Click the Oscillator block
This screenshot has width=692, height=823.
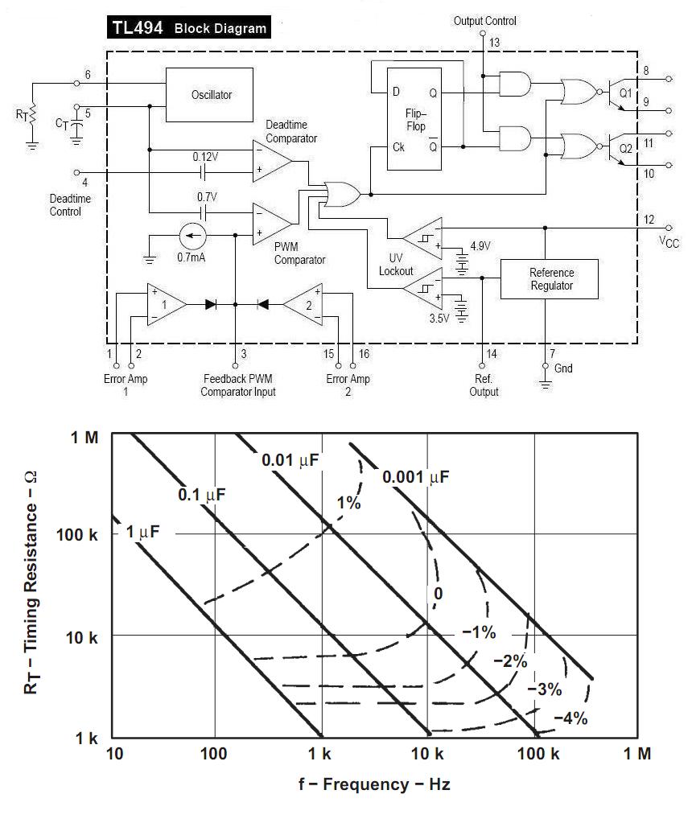[x=209, y=95]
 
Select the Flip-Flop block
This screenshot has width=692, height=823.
[x=414, y=119]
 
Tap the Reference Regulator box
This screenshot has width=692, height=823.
[x=550, y=279]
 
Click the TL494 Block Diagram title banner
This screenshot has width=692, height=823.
[x=189, y=27]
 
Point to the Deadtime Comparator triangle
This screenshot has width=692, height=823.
[x=271, y=161]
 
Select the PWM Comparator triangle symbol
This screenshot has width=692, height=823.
[x=271, y=224]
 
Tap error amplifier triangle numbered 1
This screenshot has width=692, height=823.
[x=166, y=304]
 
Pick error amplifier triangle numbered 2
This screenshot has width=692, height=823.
[x=303, y=304]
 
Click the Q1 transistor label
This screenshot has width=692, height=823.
[x=626, y=93]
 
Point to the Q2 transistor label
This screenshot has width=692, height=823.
[x=626, y=149]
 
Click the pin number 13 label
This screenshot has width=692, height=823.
[x=495, y=43]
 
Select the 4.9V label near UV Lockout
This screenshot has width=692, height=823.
[x=480, y=245]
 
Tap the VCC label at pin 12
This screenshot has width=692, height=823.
[x=669, y=242]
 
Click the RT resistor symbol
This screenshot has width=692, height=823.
[x=32, y=114]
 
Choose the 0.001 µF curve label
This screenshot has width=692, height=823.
[x=416, y=477]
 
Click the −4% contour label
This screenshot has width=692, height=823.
[x=570, y=718]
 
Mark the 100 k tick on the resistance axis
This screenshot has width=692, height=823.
[x=76, y=535]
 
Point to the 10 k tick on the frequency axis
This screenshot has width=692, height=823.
[x=426, y=755]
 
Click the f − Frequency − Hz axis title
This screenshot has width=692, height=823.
[x=374, y=784]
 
